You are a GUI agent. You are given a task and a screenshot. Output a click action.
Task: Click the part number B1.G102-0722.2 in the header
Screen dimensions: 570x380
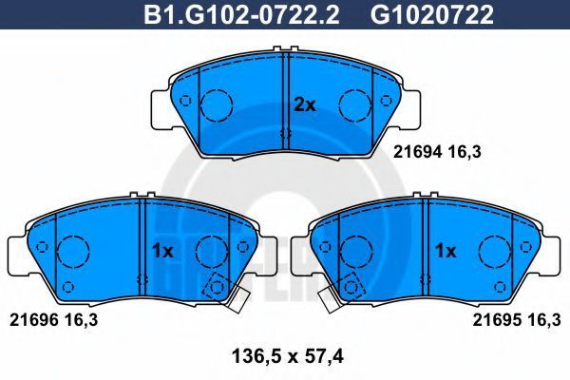[x=241, y=14]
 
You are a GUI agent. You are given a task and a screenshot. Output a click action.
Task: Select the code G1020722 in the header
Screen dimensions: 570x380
[x=432, y=14]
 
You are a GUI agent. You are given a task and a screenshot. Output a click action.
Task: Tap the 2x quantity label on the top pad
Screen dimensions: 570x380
[x=305, y=105]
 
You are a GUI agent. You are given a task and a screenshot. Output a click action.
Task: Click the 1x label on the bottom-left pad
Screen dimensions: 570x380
[x=162, y=251]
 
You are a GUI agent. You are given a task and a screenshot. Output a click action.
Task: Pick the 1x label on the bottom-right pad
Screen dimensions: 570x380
[x=446, y=251]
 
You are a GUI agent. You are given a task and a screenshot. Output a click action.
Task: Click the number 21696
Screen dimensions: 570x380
[x=33, y=320]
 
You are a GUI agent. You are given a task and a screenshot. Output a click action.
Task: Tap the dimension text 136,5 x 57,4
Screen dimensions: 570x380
[x=287, y=356]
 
